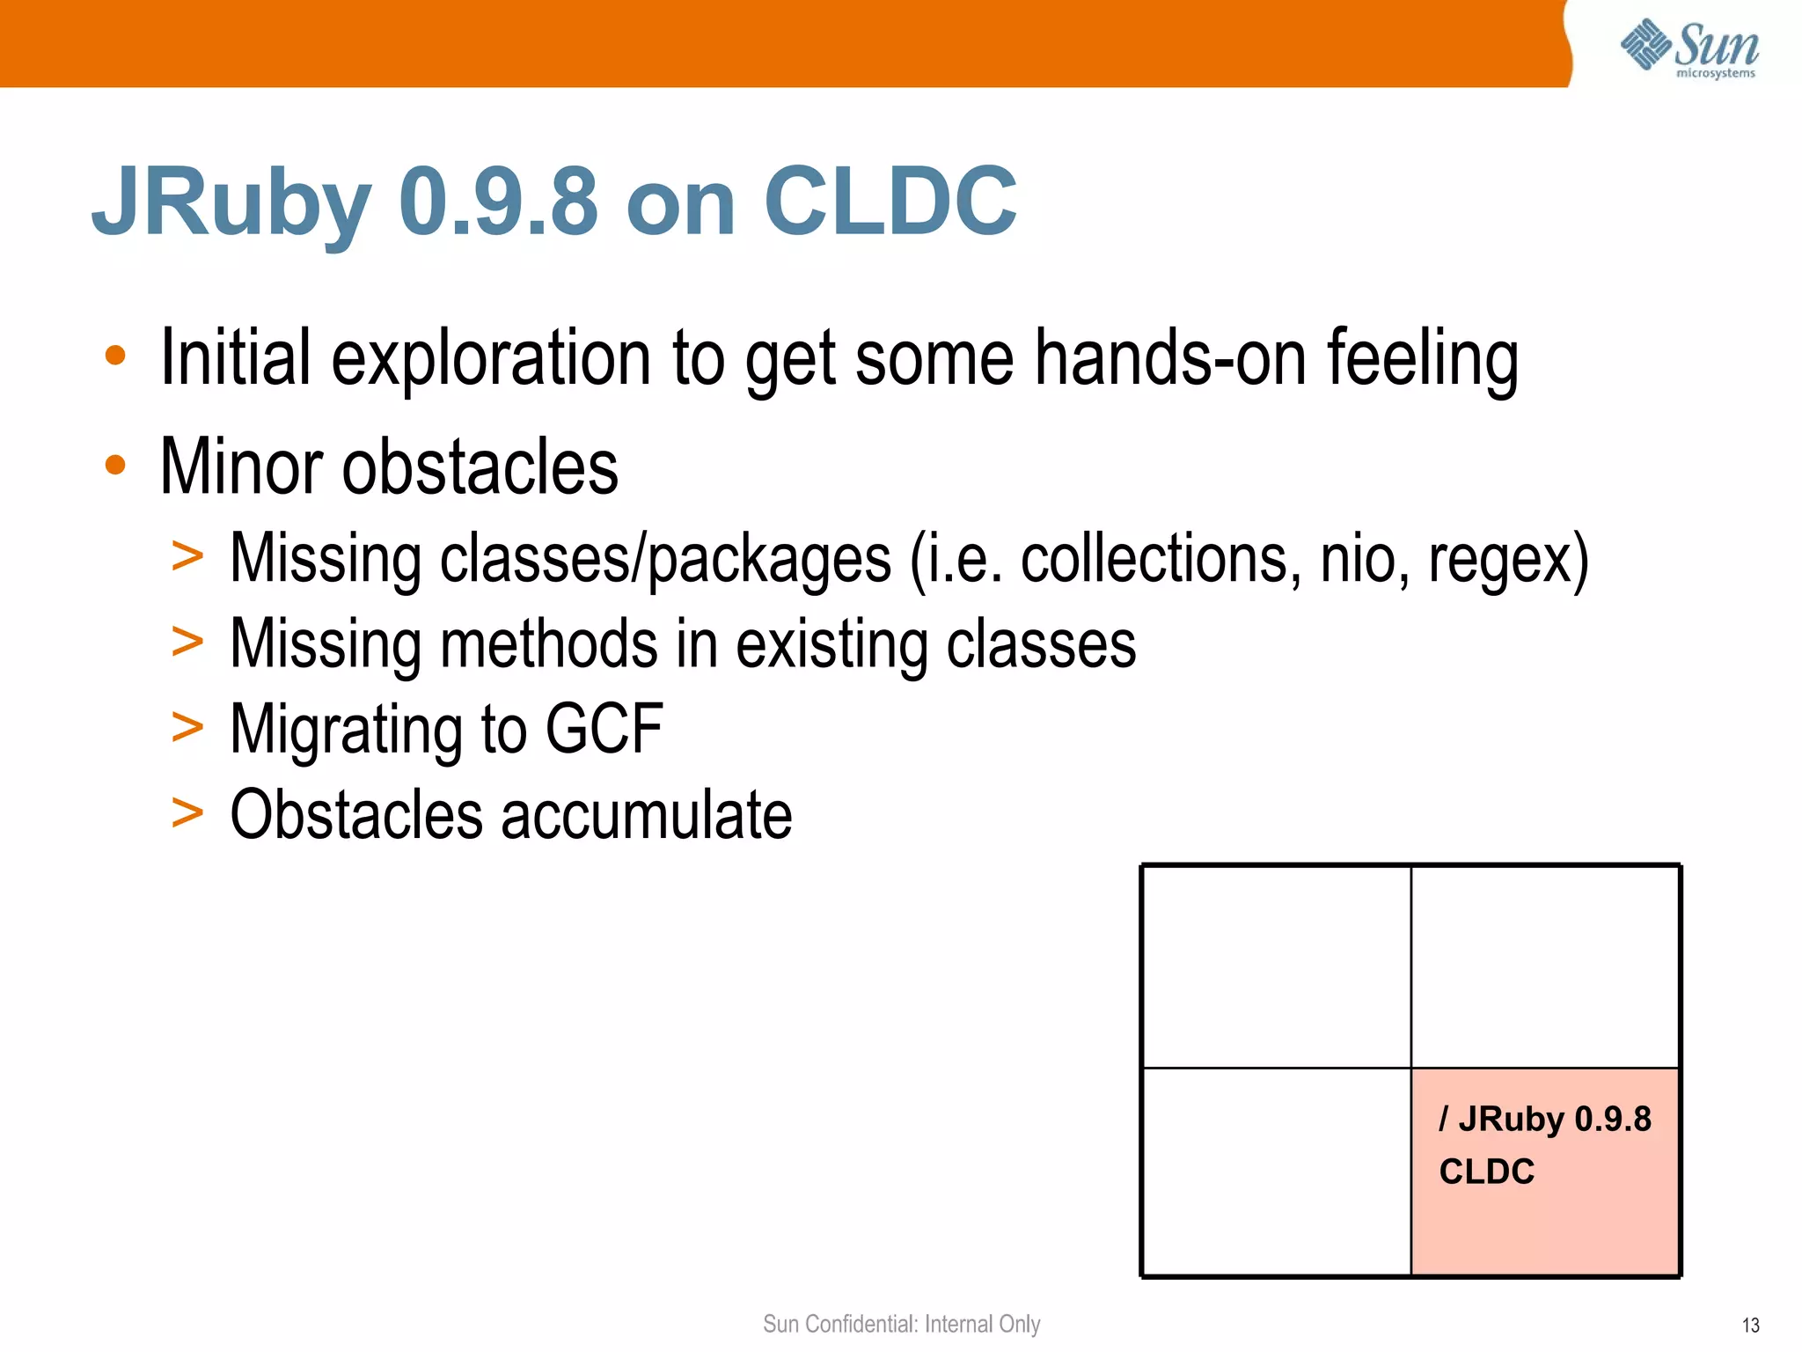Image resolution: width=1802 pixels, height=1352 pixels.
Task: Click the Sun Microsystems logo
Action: (x=1688, y=48)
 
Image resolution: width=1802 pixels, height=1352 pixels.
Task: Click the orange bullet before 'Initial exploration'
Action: (x=115, y=356)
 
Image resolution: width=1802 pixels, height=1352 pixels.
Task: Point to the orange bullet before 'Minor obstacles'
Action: (x=115, y=465)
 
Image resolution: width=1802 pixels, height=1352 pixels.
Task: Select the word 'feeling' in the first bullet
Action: (x=1422, y=359)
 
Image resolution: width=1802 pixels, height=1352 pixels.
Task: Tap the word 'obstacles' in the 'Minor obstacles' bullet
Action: (x=480, y=467)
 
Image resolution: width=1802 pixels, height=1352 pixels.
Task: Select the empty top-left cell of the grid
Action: (x=1276, y=966)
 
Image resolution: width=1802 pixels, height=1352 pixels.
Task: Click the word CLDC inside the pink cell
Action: (x=1486, y=1172)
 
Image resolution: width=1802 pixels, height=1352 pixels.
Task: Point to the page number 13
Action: (x=1750, y=1325)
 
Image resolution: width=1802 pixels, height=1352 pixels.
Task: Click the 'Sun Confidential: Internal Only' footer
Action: (x=901, y=1324)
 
